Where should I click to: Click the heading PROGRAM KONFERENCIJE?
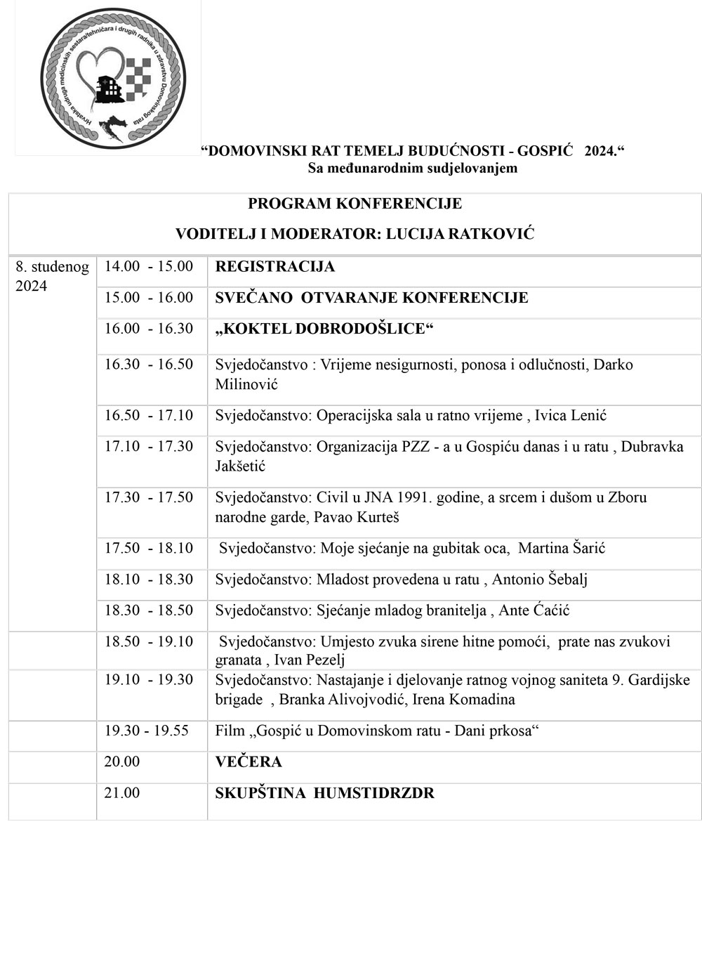(x=355, y=204)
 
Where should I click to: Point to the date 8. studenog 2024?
(x=52, y=276)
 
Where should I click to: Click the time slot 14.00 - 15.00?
(x=148, y=266)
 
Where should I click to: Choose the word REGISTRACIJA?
(x=274, y=267)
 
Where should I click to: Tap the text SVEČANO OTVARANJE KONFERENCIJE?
(x=371, y=298)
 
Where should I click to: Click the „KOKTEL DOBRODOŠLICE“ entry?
(x=321, y=329)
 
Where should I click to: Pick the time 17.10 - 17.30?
(x=148, y=446)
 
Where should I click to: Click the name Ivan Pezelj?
(x=309, y=660)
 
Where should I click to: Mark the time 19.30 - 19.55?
(x=146, y=731)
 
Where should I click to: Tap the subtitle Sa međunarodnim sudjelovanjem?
(x=412, y=168)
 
